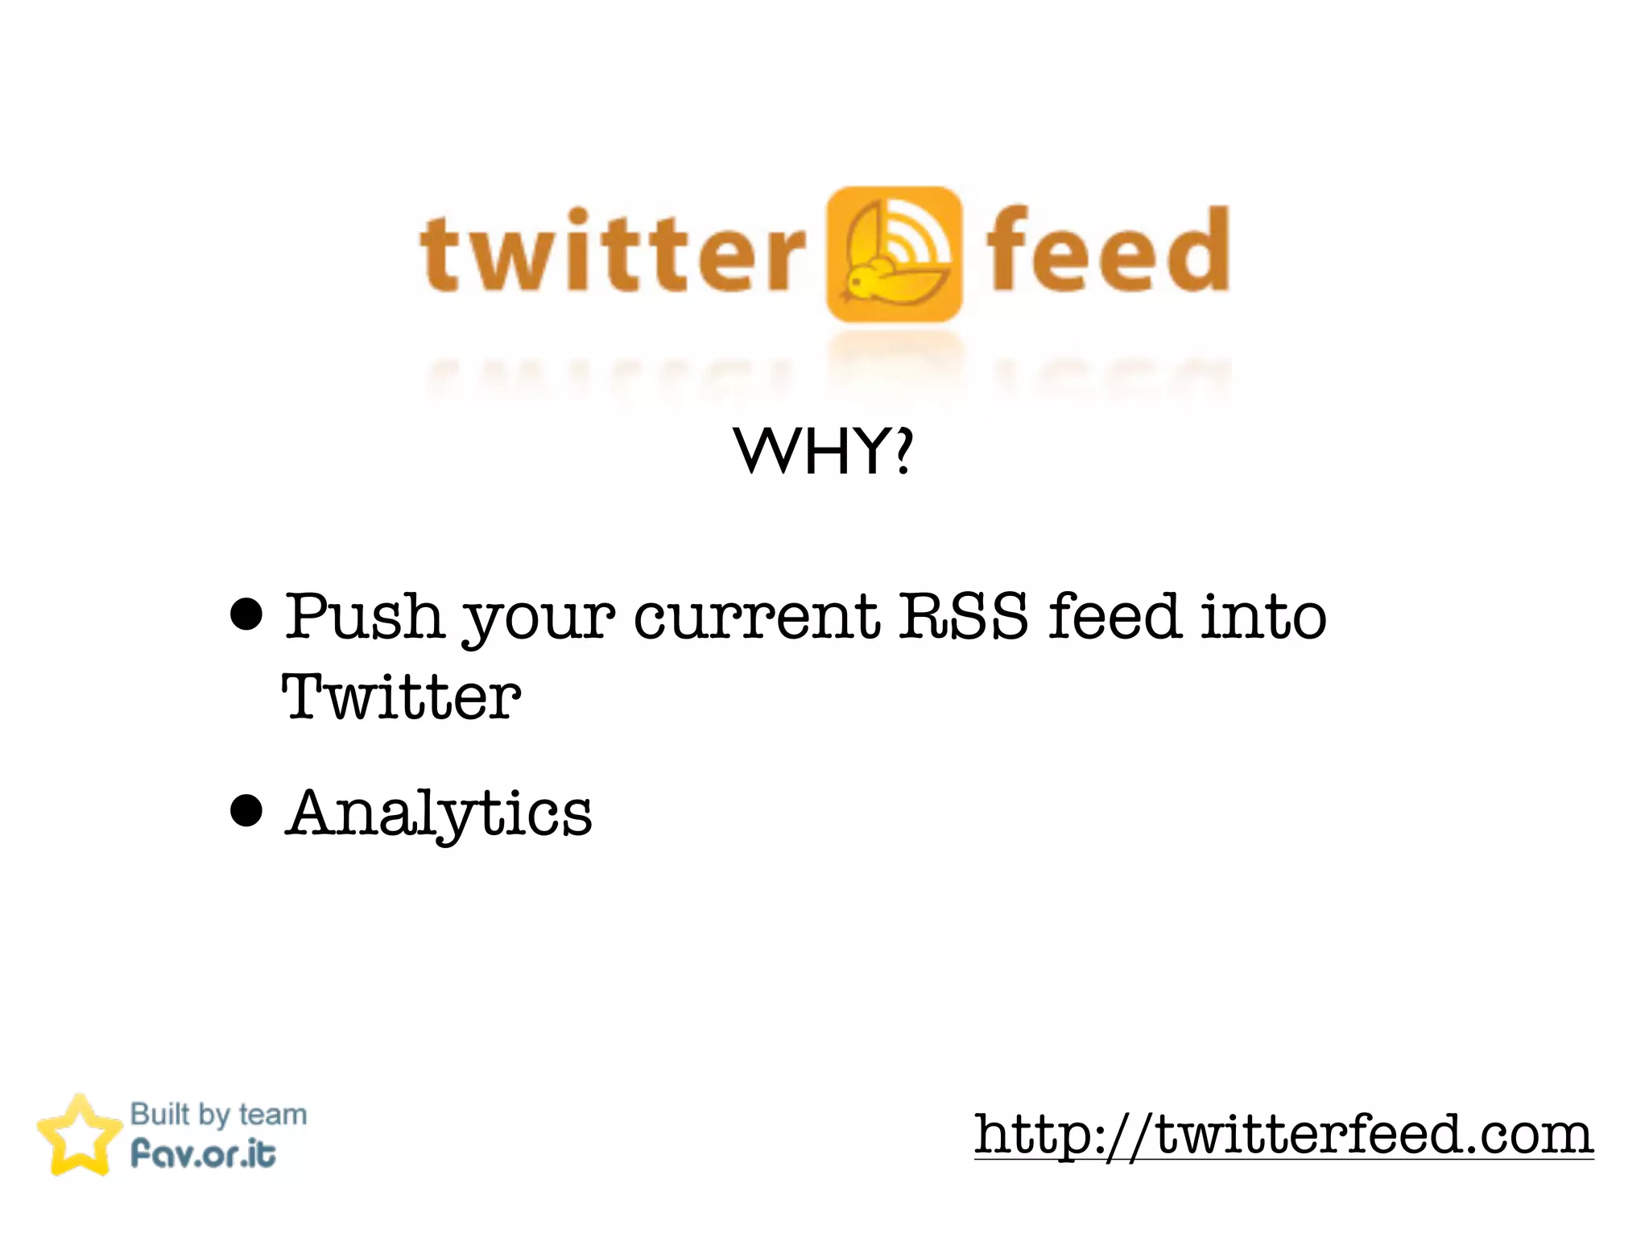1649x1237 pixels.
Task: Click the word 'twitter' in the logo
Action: pos(612,251)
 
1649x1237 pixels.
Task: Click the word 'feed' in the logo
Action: pos(1107,250)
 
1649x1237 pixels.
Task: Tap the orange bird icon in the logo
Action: pos(894,254)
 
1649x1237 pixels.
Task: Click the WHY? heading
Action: pos(823,451)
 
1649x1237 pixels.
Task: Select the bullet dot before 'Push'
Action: pos(246,614)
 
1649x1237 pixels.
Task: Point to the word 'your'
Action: pos(538,620)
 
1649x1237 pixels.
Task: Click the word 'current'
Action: pos(757,617)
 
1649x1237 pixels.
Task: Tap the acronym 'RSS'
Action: pos(963,616)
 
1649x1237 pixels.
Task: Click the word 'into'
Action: pos(1263,616)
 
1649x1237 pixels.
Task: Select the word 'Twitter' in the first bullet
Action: pos(401,697)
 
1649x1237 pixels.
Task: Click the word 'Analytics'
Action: pos(439,813)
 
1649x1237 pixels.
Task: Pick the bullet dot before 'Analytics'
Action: pos(246,810)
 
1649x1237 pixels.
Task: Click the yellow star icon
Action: pos(78,1136)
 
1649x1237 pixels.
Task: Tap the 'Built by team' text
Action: pos(218,1115)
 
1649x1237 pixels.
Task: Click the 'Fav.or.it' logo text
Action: pos(203,1153)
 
